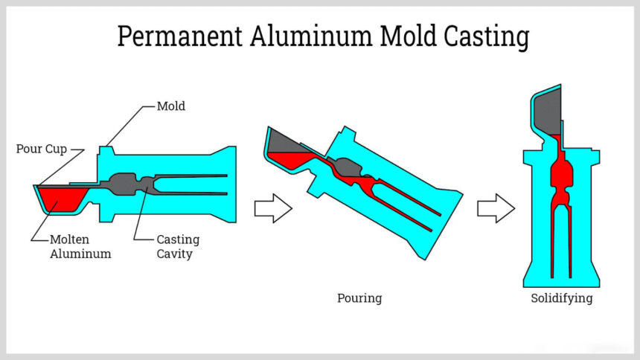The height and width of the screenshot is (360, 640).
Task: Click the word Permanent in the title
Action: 178,36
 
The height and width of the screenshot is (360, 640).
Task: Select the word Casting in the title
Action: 486,36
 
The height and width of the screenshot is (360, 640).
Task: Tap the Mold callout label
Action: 170,106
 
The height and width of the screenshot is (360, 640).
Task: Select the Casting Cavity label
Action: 177,247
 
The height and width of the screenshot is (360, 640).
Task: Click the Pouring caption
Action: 359,298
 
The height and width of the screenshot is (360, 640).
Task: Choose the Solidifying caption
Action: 562,298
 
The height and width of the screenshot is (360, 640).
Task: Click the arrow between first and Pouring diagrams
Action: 273,208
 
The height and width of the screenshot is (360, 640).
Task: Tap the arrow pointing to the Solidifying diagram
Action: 496,208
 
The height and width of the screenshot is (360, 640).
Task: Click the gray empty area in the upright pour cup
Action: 550,112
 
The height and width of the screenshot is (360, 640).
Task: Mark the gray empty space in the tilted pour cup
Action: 287,141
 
